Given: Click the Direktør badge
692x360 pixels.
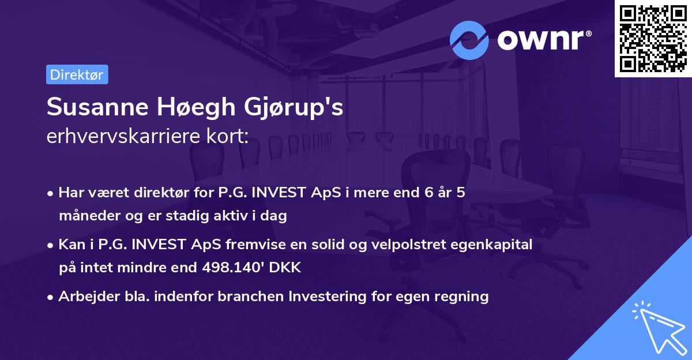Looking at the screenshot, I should click(77, 75).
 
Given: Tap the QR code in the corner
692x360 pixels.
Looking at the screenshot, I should click(653, 38).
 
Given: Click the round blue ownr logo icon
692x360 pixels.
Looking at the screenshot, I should click(469, 40).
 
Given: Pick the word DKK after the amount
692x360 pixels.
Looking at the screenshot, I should click(286, 268).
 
